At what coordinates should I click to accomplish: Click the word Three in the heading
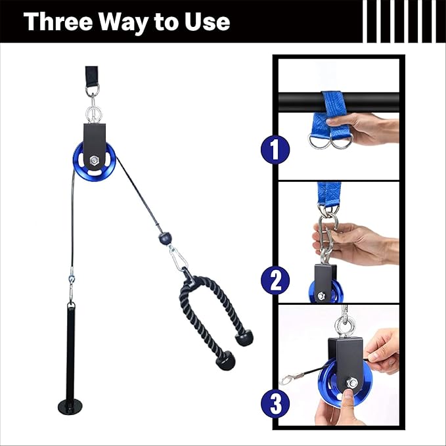(58, 21)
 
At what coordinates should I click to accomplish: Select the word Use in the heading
(207, 22)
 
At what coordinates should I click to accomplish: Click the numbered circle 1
(275, 150)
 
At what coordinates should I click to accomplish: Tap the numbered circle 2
(275, 280)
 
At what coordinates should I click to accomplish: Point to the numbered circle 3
(275, 403)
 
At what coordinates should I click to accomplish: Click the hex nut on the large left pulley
(94, 160)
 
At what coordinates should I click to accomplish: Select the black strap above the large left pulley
(91, 75)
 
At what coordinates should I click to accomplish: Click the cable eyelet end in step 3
(284, 379)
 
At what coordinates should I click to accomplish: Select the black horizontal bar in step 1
(338, 102)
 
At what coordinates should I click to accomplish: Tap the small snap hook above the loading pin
(71, 287)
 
